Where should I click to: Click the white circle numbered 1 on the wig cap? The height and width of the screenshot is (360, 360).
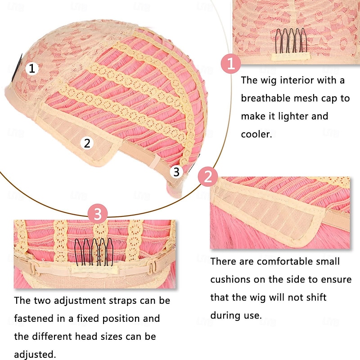31,69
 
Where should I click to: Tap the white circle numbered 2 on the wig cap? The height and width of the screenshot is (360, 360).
87,144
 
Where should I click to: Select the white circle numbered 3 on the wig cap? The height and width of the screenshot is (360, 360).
176,171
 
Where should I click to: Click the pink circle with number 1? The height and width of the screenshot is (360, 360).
231,64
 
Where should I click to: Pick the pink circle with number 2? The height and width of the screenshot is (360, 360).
207,176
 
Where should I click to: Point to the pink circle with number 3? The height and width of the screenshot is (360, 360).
98,213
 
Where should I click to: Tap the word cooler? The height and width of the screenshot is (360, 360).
256,134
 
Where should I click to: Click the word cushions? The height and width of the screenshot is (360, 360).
232,279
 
